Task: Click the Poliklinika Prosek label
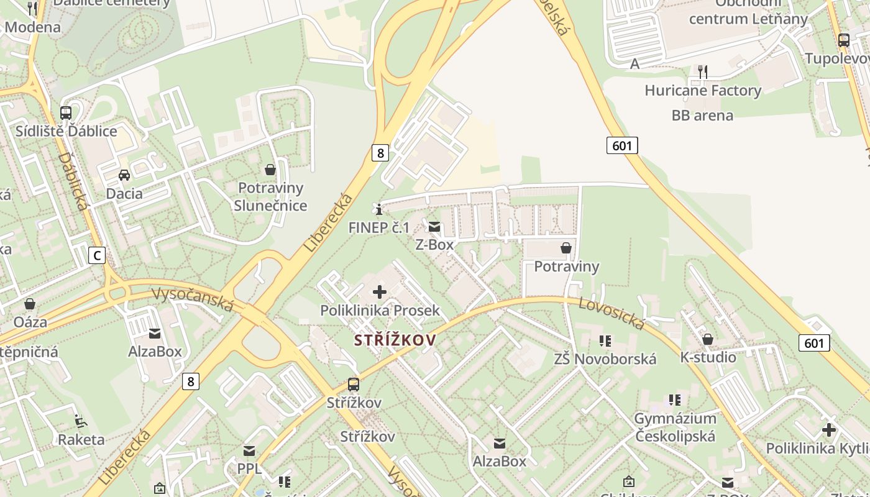pos(380,310)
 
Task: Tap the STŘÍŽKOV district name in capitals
pos(395,340)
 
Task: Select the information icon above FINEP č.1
pos(379,209)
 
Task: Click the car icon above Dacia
pos(124,175)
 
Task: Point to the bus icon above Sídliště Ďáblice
pos(66,112)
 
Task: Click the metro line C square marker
pos(96,255)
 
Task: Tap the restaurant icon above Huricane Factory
pos(702,71)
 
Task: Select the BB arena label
pos(702,116)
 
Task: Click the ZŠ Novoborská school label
pos(605,358)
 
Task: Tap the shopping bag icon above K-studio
pos(707,339)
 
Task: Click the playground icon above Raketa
pos(81,421)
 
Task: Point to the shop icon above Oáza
pos(29,304)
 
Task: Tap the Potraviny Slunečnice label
pos(270,196)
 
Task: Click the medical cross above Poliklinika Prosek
pos(379,292)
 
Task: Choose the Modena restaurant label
pos(32,27)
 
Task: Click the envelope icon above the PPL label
pos(249,450)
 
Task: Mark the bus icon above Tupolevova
pos(843,40)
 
